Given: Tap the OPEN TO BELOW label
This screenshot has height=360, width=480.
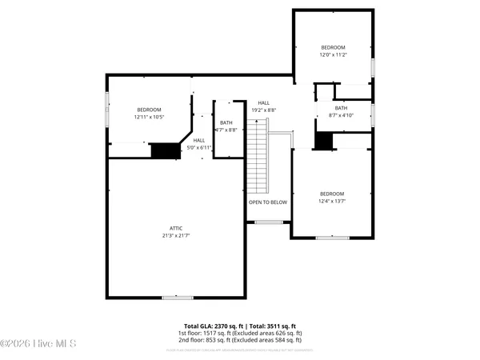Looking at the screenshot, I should click(268, 202).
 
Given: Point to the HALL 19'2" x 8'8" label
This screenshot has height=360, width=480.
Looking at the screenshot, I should click(263, 106).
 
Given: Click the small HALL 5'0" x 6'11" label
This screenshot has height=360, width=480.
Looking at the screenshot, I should click(199, 144).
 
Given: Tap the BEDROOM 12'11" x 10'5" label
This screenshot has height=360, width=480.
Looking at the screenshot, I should click(149, 114).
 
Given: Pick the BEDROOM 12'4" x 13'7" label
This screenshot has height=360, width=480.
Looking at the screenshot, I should click(332, 198).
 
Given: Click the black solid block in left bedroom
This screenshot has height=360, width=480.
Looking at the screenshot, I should click(166, 150).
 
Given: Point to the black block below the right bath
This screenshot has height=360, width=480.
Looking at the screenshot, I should click(323, 140).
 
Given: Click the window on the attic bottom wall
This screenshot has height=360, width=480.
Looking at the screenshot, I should click(177, 298).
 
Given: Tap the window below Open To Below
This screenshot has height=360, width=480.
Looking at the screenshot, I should click(266, 222).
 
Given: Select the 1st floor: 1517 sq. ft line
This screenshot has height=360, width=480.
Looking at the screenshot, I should click(240, 334).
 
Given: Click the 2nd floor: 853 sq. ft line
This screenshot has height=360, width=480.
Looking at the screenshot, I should click(240, 341).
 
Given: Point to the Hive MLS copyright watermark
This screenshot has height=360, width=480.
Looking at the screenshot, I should click(38, 344).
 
